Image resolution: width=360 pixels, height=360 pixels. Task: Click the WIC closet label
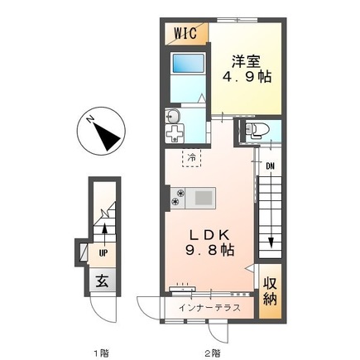pyautogui.click(x=185, y=33)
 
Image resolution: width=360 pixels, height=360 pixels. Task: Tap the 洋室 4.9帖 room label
pyautogui.click(x=247, y=69)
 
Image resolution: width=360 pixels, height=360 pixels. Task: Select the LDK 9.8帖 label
pyautogui.click(x=209, y=242)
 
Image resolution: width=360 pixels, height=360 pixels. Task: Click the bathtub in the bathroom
pyautogui.click(x=189, y=64)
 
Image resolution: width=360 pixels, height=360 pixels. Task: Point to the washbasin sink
pyautogui.click(x=173, y=116)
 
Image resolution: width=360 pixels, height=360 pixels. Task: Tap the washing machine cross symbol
pyautogui.click(x=175, y=133)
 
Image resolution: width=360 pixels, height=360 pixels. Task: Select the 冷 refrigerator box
pyautogui.click(x=191, y=158)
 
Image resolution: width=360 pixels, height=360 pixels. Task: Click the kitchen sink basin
pyautogui.click(x=203, y=198)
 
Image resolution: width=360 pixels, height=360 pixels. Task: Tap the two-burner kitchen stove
pyautogui.click(x=177, y=198)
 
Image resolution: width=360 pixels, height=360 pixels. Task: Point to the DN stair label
pyautogui.click(x=270, y=166)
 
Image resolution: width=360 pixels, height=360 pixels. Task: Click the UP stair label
pyautogui.click(x=103, y=253)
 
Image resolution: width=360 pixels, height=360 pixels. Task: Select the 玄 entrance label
pyautogui.click(x=102, y=281)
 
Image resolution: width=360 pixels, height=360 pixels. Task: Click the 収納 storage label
pyautogui.click(x=270, y=291)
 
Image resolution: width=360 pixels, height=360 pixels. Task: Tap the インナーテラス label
pyautogui.click(x=209, y=308)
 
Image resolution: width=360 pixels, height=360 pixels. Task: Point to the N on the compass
pyautogui.click(x=89, y=119)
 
